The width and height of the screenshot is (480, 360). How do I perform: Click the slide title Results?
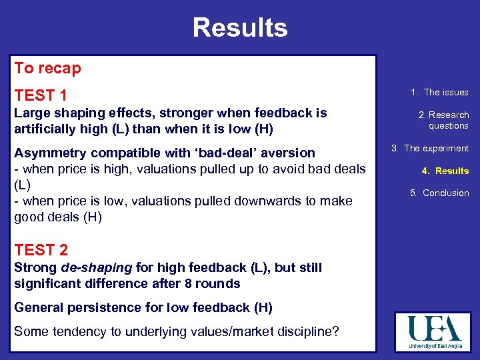(x=240, y=28)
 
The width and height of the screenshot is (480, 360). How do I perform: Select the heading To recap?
(x=47, y=68)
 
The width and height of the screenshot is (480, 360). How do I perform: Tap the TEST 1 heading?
(x=41, y=95)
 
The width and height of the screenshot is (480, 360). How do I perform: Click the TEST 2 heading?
(x=41, y=250)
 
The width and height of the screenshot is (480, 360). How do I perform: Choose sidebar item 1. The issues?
(x=439, y=92)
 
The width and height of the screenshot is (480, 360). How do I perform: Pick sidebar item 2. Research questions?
(x=443, y=120)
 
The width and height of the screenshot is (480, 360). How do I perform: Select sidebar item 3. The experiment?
(x=430, y=148)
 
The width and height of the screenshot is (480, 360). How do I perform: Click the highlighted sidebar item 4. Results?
(x=445, y=171)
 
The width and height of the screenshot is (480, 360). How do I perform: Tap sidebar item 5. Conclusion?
(x=439, y=193)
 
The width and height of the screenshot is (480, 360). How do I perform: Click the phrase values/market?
(x=219, y=331)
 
